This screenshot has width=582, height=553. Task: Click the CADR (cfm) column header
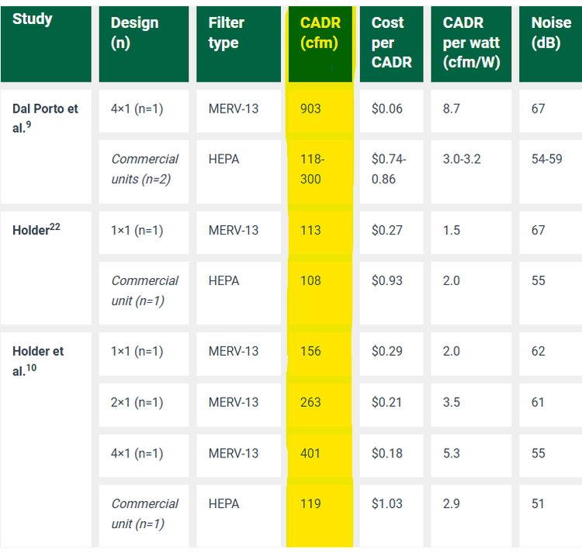click(320, 33)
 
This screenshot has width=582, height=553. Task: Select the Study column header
click(33, 19)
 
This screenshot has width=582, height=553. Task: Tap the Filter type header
click(227, 33)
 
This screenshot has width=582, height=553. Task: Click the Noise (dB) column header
click(551, 33)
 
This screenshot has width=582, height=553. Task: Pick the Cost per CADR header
click(392, 43)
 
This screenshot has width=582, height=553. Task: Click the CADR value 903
click(310, 109)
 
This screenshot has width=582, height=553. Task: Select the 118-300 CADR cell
click(312, 169)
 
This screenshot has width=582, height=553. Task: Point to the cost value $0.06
click(386, 109)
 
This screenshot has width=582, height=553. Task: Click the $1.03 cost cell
click(386, 503)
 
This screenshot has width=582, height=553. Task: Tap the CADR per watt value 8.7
click(451, 109)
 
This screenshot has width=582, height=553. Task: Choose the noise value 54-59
click(547, 159)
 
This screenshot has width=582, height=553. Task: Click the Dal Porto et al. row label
click(45, 118)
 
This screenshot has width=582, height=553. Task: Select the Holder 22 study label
click(36, 230)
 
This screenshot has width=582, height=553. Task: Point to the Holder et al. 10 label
click(38, 360)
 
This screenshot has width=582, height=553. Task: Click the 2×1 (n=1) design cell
click(137, 402)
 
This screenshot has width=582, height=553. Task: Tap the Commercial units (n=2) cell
click(145, 169)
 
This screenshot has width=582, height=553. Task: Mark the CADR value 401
click(310, 453)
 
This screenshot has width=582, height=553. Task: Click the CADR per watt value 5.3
click(452, 453)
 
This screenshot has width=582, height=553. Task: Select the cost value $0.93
click(386, 280)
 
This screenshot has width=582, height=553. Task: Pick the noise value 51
click(538, 503)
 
